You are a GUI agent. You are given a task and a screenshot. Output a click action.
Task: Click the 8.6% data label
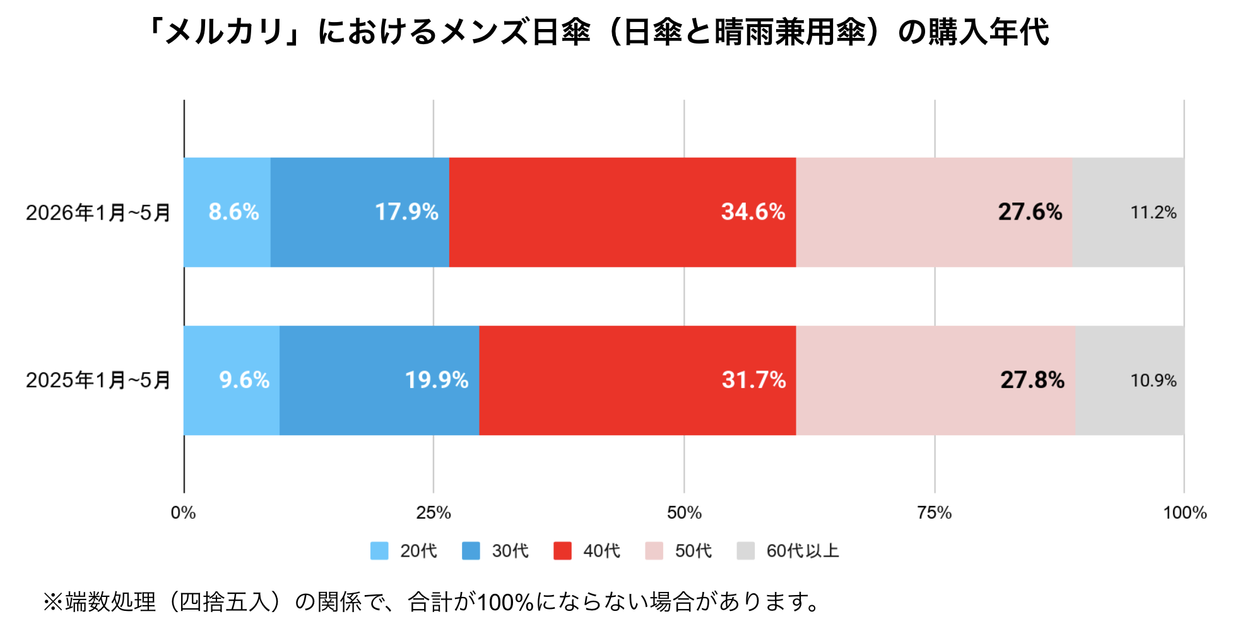tap(233, 212)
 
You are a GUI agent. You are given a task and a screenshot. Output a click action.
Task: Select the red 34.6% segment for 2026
tap(622, 212)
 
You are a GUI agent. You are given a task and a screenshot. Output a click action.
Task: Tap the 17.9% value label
tap(406, 212)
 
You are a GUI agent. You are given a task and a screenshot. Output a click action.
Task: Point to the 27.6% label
tap(1030, 212)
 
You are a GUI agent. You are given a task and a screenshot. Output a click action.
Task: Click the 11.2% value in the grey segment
tap(1154, 213)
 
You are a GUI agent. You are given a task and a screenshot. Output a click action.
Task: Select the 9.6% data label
tap(244, 380)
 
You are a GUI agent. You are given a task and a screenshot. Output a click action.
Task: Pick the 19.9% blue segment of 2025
tap(379, 381)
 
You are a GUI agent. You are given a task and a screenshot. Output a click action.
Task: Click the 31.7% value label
tap(753, 380)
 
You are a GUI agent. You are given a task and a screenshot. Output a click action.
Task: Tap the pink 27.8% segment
tap(936, 381)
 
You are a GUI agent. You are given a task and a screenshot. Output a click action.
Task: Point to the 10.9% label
tap(1154, 381)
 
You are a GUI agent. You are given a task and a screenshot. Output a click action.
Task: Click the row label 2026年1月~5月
tap(98, 213)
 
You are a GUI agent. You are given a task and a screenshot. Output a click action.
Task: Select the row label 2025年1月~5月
tap(98, 381)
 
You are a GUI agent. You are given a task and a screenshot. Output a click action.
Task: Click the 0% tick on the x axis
tap(184, 512)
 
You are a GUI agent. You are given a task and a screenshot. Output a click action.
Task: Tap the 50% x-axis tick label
tap(684, 512)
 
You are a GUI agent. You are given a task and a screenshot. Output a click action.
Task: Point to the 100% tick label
tap(1184, 512)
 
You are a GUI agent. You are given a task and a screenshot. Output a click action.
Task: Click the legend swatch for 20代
tap(379, 551)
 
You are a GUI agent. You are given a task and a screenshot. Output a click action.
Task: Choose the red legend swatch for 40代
tap(562, 551)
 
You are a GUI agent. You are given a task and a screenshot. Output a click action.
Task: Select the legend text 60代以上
tap(803, 551)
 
